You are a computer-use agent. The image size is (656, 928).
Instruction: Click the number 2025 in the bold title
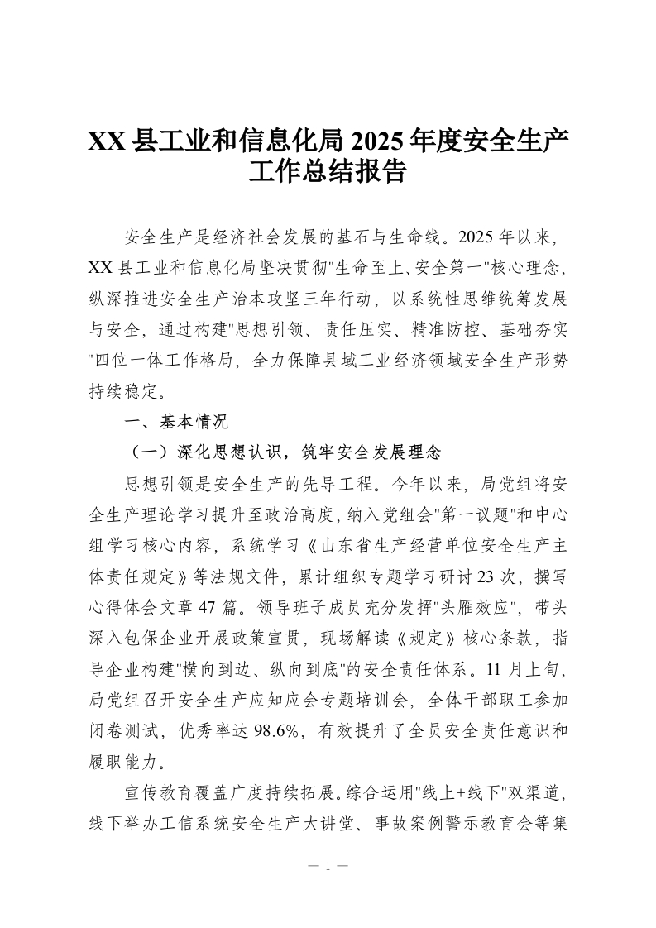click(x=378, y=142)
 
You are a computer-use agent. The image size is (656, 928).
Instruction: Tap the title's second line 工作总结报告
click(x=328, y=171)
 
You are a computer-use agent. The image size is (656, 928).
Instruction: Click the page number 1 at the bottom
click(x=328, y=867)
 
